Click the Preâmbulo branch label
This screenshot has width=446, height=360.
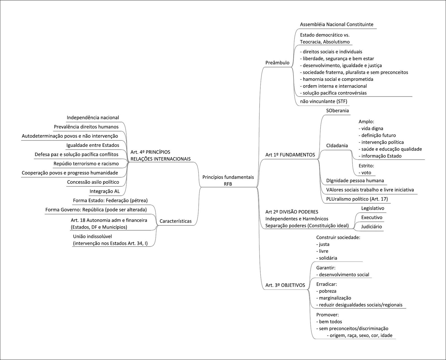(x=277, y=63)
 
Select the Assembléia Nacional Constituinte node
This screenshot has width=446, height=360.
(x=336, y=25)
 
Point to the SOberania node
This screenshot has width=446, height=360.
(x=337, y=111)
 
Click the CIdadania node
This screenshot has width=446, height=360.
(x=337, y=145)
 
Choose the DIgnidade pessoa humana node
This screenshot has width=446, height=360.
(x=355, y=181)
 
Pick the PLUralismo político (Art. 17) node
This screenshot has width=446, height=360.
(x=357, y=199)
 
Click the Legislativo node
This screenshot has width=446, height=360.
(x=372, y=208)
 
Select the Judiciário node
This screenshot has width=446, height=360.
(x=371, y=227)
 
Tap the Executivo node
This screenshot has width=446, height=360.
(x=372, y=218)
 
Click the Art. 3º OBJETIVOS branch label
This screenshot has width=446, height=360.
(x=285, y=285)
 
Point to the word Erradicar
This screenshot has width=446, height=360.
(x=327, y=284)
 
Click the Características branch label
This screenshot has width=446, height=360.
(x=176, y=221)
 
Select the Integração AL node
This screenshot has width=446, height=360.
(x=105, y=191)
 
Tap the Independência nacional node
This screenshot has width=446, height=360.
(x=93, y=118)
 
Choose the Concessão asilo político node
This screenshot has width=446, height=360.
(x=93, y=182)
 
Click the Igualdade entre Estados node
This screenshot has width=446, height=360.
(x=93, y=145)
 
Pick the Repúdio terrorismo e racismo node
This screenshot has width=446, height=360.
(x=86, y=164)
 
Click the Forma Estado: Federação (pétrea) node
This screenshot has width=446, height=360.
(x=110, y=201)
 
